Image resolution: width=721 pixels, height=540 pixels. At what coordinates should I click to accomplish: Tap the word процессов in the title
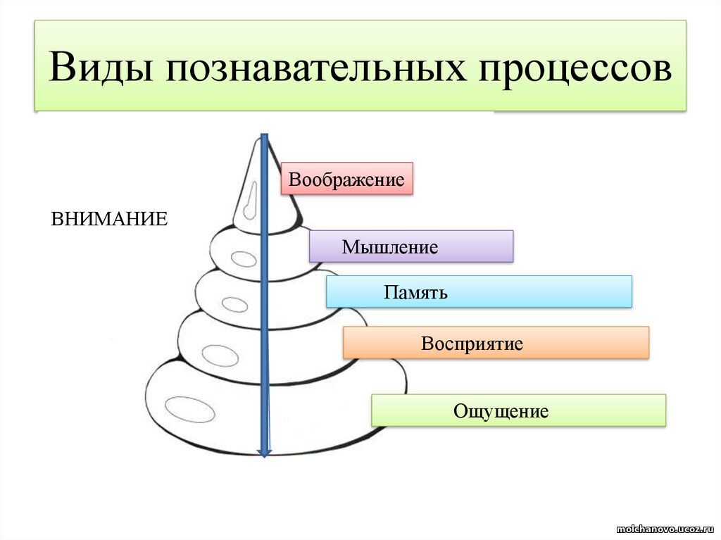(x=575, y=69)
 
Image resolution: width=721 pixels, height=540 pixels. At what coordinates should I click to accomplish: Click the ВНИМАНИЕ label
(x=109, y=219)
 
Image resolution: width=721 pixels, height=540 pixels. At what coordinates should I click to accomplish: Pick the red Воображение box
(x=346, y=178)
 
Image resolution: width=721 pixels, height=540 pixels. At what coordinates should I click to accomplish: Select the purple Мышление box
(x=411, y=246)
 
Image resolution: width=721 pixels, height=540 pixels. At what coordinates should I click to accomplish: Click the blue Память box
(x=479, y=291)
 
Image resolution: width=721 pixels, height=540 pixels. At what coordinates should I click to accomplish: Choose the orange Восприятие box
(x=496, y=343)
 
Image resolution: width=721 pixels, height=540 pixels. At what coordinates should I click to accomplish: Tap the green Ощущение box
(x=519, y=410)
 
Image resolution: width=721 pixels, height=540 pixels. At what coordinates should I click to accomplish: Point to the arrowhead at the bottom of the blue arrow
(x=265, y=453)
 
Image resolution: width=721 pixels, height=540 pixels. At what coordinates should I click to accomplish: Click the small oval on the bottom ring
(x=190, y=409)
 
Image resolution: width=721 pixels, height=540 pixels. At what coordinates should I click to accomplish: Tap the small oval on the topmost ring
(x=243, y=259)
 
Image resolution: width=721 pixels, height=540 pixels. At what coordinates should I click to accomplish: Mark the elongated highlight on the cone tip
(x=250, y=201)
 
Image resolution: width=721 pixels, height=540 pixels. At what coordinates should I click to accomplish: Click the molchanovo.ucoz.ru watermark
(x=666, y=529)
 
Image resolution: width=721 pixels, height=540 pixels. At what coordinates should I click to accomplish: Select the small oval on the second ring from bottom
(x=220, y=356)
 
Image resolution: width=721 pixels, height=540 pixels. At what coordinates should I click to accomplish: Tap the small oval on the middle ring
(x=235, y=304)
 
